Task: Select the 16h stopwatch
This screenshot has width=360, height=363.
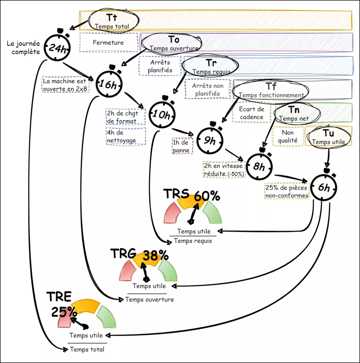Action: tap(110, 84)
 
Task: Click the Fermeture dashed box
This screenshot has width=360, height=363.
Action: tap(108, 43)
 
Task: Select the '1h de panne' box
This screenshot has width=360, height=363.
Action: tap(182, 146)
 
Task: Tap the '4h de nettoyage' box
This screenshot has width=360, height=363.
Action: tap(126, 136)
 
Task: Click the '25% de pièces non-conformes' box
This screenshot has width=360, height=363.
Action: tap(287, 191)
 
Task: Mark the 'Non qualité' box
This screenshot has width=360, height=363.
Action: tap(288, 136)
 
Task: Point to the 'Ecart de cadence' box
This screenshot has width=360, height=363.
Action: tap(251, 113)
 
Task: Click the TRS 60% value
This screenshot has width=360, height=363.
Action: tap(207, 196)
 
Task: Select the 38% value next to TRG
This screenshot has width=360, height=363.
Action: tap(155, 255)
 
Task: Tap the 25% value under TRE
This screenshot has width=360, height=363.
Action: tap(64, 312)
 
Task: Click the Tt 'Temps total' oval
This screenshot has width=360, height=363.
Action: tap(112, 21)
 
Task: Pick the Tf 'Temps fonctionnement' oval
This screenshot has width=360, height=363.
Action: tap(271, 91)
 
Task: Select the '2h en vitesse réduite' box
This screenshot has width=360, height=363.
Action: tap(224, 169)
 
